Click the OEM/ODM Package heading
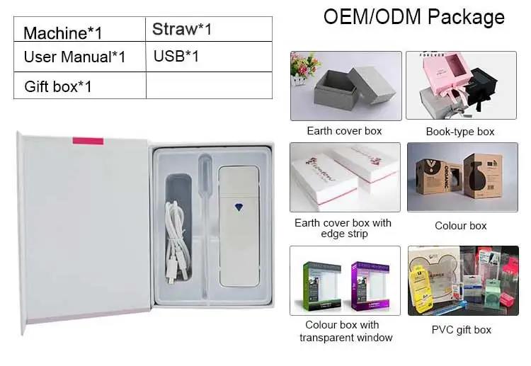[x=414, y=17]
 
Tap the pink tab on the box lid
[x=88, y=141]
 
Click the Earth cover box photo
[x=346, y=86]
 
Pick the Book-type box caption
[x=460, y=132]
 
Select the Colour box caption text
[x=461, y=226]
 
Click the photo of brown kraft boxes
[x=462, y=178]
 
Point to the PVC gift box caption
[x=461, y=330]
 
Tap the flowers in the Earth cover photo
[x=305, y=66]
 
